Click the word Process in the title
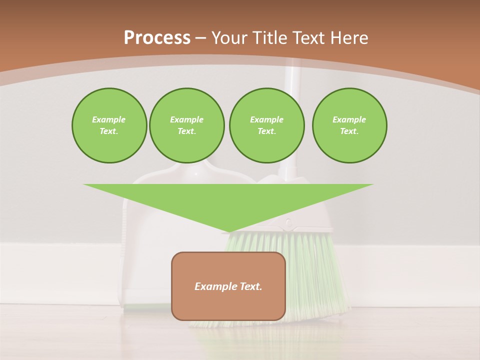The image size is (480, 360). click(157, 38)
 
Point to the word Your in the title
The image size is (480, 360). click(230, 38)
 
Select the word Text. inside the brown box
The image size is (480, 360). click(250, 286)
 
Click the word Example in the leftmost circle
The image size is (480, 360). click(109, 119)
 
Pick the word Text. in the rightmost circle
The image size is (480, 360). click(349, 131)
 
